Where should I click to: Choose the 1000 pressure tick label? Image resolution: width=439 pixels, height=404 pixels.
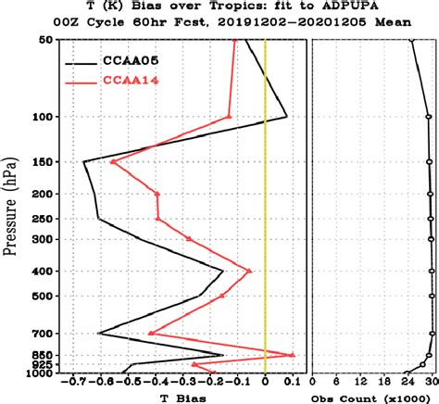pyautogui.click(x=41, y=373)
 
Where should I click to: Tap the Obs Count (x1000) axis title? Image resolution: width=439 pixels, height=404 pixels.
pyautogui.click(x=374, y=398)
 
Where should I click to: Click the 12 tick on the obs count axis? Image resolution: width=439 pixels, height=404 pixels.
pyautogui.click(x=360, y=382)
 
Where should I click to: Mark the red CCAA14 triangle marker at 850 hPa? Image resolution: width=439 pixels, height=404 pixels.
pyautogui.click(x=293, y=354)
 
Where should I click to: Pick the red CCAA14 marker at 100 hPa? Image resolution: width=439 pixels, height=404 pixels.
pyautogui.click(x=230, y=117)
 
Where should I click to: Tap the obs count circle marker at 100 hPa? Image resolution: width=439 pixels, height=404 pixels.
pyautogui.click(x=428, y=117)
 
